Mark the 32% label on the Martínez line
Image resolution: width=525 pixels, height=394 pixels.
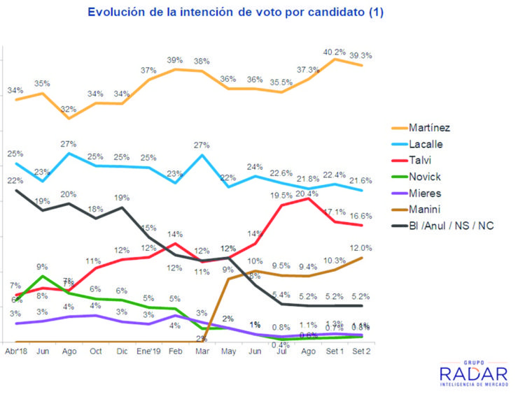tap(69, 109)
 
